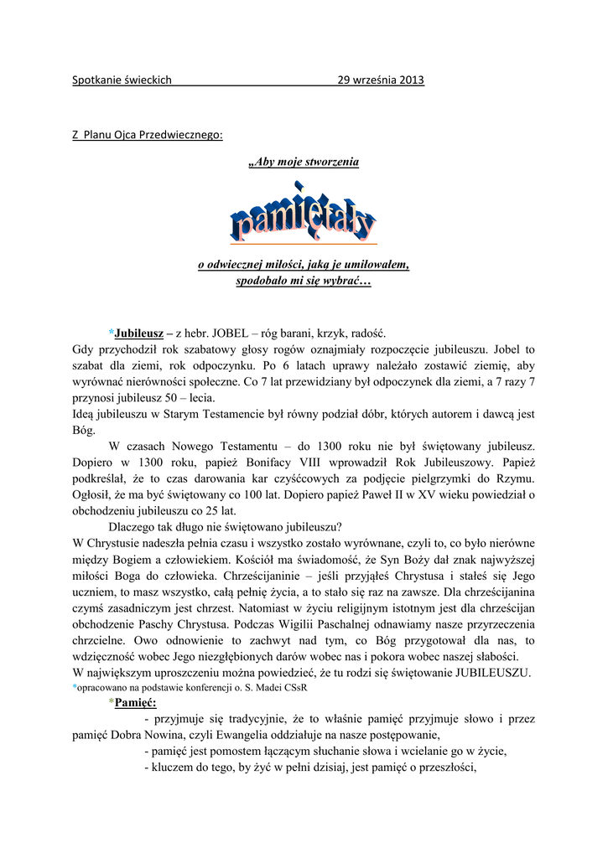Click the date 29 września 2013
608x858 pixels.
(381, 80)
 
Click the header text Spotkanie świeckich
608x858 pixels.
(122, 80)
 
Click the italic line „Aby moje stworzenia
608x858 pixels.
(304, 161)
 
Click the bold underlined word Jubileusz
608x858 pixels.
(139, 333)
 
